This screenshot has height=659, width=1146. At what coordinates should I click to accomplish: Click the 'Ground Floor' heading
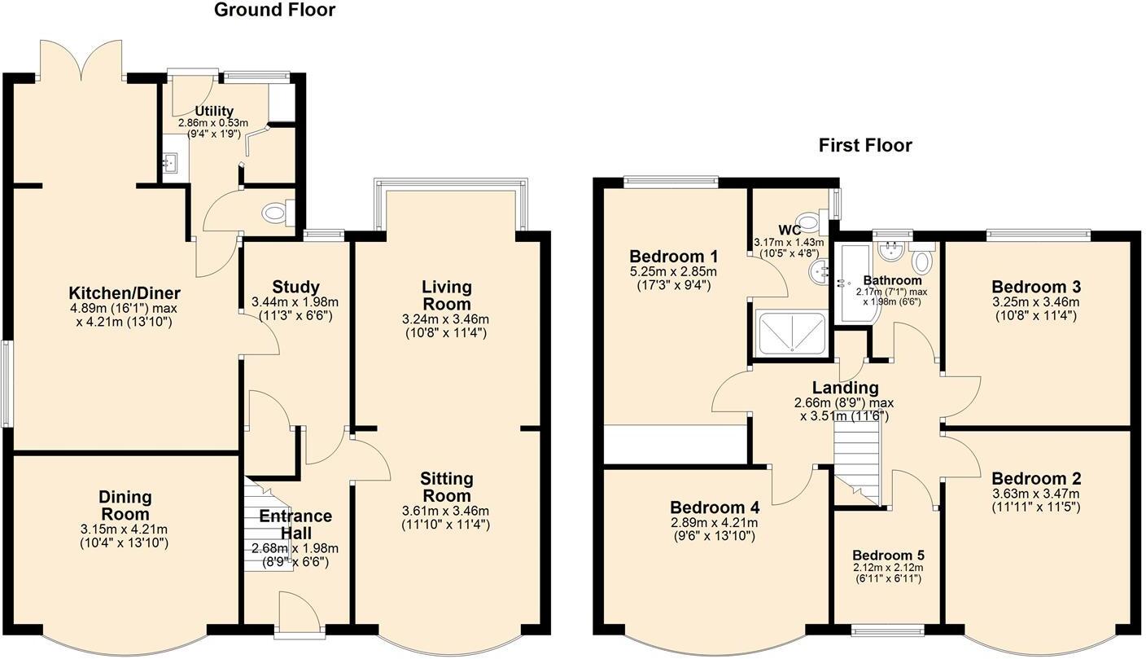click(274, 11)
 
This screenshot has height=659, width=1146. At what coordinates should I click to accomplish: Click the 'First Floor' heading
click(865, 146)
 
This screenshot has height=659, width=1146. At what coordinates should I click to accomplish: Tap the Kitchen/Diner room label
click(125, 293)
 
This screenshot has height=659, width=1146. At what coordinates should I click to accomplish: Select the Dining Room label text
click(125, 505)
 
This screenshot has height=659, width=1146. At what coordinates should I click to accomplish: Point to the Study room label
click(295, 287)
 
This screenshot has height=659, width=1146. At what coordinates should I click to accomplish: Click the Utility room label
click(214, 112)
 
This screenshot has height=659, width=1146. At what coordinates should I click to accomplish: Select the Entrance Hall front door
click(299, 612)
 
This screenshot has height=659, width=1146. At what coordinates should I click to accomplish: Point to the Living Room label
click(446, 296)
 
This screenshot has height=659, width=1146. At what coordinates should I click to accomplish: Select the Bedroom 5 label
click(887, 556)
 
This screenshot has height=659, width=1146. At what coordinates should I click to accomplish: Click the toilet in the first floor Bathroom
click(922, 261)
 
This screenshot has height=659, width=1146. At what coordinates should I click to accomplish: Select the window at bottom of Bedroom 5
click(887, 628)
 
